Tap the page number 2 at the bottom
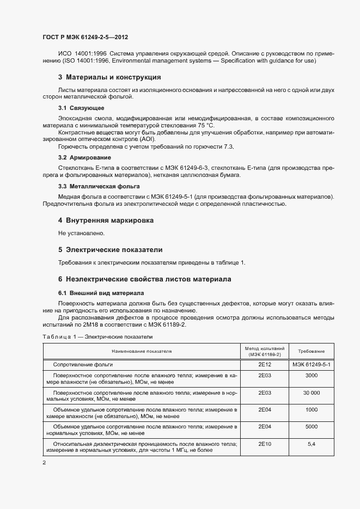tap(44, 463)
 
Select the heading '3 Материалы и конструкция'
tap(109, 77)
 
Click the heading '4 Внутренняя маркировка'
tap(106, 220)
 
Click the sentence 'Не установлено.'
tap(81, 233)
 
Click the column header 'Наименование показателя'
tap(142, 352)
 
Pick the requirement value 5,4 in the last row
tap(312, 444)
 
